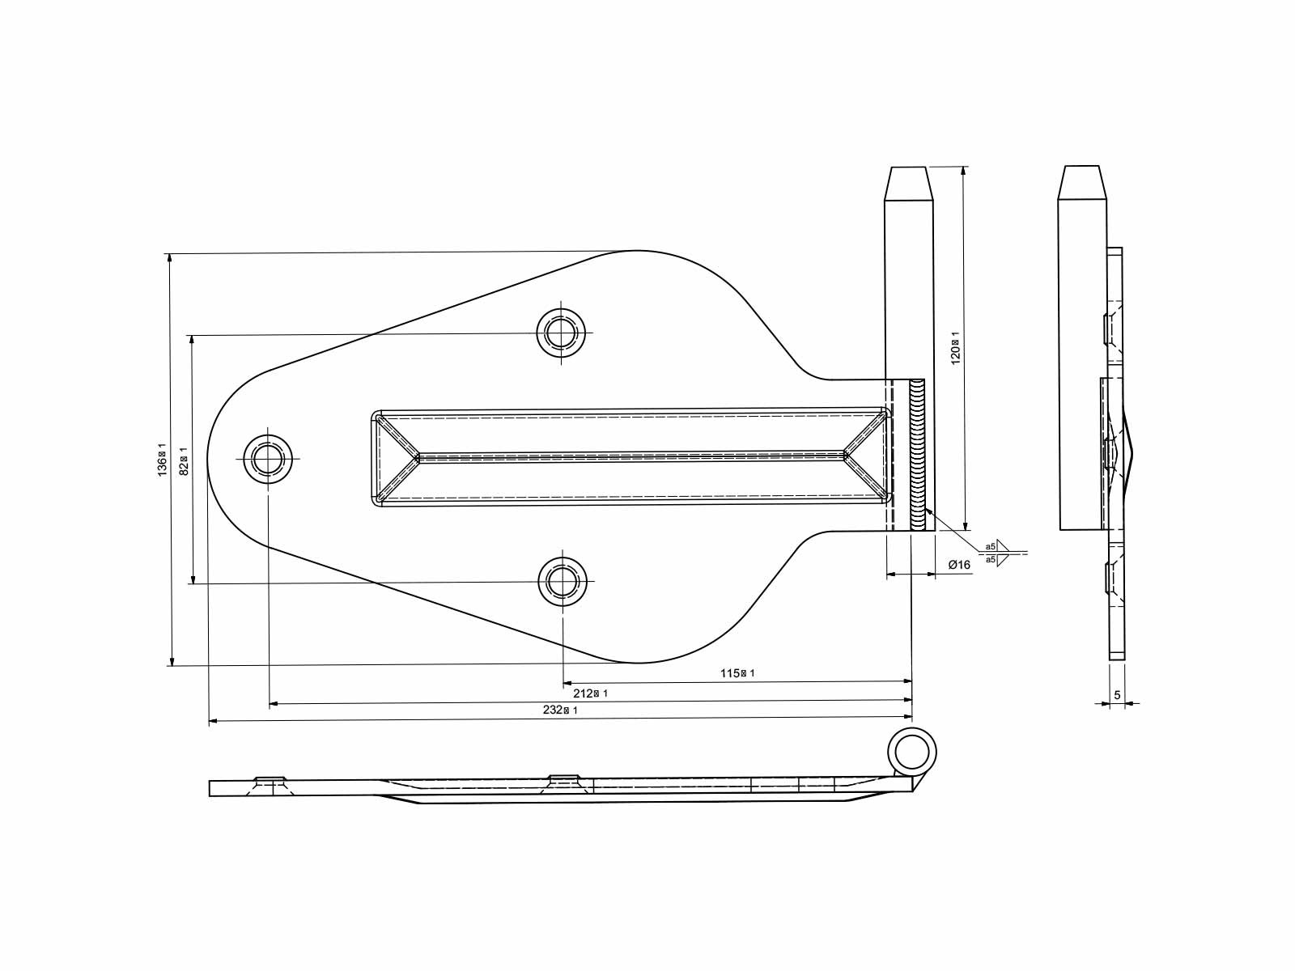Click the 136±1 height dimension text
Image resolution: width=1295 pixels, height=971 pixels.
click(x=162, y=460)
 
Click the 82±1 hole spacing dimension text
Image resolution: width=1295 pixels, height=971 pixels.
click(x=184, y=460)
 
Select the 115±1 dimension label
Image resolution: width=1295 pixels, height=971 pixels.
click(x=737, y=673)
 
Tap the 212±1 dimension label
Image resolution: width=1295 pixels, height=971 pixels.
click(x=590, y=693)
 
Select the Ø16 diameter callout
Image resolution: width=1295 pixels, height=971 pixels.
click(x=958, y=565)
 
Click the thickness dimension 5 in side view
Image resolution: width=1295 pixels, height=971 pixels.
click(x=1117, y=695)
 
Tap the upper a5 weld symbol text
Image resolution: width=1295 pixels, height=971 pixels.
click(x=991, y=547)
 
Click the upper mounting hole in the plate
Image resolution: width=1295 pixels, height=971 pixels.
click(x=562, y=333)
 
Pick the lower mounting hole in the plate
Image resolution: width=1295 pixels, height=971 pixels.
click(x=562, y=581)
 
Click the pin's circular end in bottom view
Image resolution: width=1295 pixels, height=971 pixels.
click(x=913, y=750)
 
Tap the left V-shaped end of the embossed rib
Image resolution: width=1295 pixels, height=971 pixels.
click(x=397, y=458)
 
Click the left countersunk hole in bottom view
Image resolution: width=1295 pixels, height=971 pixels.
click(x=271, y=783)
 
